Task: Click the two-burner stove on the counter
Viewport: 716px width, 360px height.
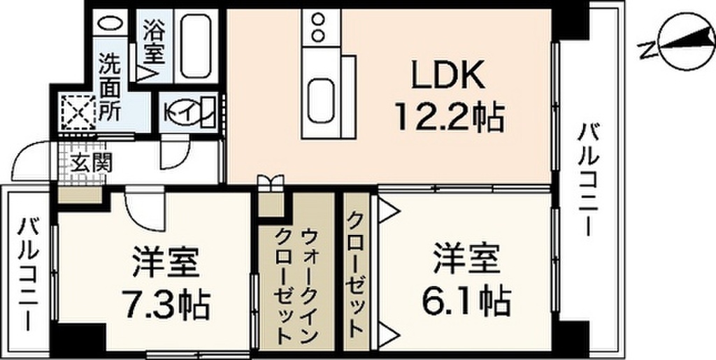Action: [319, 27]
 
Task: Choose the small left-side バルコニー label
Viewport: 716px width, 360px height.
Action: [29, 273]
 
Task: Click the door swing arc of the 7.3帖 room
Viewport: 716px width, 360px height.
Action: [143, 210]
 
